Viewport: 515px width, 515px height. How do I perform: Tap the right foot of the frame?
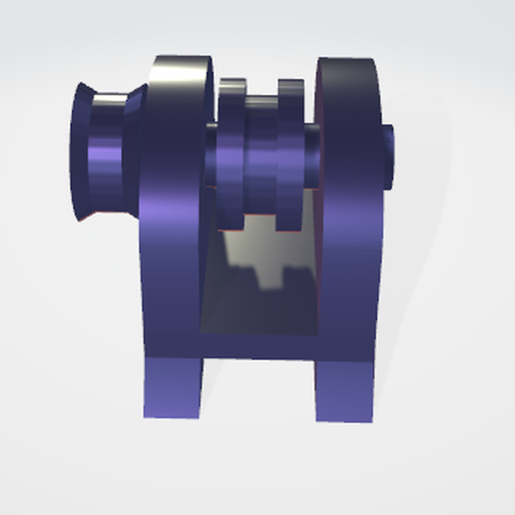(x=344, y=389)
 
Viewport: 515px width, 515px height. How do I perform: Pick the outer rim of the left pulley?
(x=79, y=150)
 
